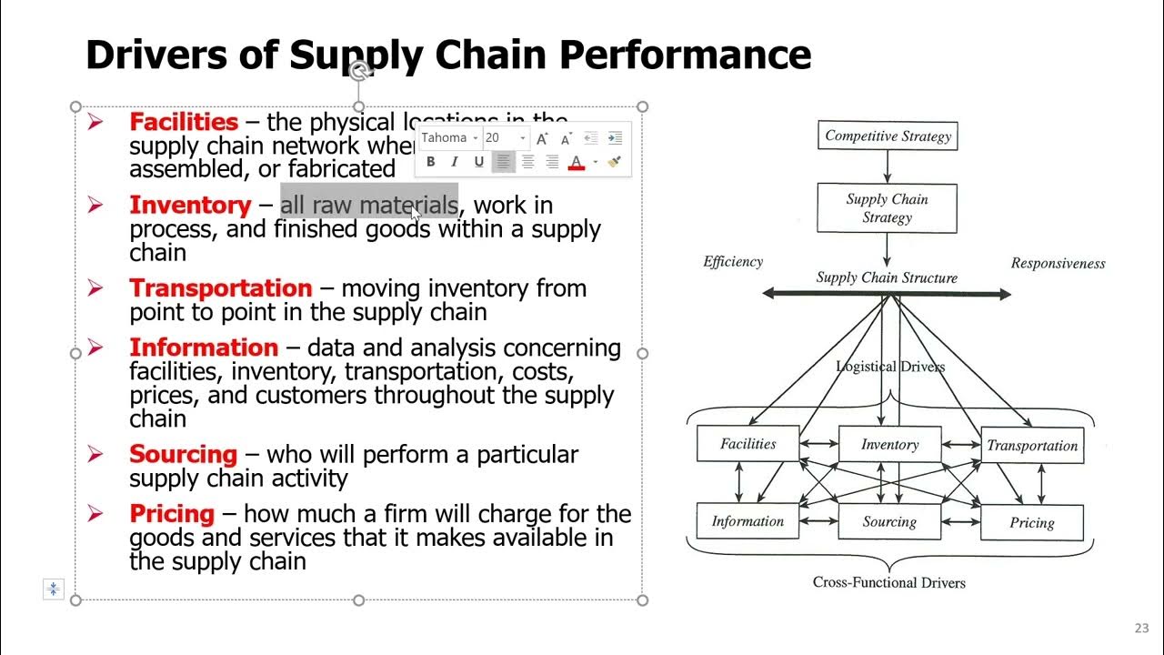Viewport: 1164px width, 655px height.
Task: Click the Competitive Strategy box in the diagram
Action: [x=888, y=136]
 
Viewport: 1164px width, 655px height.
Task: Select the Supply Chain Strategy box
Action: [x=887, y=208]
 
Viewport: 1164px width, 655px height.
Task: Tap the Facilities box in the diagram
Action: [x=748, y=444]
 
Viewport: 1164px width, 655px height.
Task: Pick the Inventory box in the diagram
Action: [x=889, y=445]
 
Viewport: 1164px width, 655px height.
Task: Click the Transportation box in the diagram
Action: [x=1032, y=446]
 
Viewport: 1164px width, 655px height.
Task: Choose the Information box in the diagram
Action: [x=748, y=521]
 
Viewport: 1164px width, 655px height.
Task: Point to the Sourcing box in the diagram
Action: [x=889, y=522]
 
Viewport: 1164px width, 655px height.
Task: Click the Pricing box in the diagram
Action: [x=1032, y=523]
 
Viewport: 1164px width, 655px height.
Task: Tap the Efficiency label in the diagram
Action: [x=733, y=262]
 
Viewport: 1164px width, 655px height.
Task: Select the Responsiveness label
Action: [x=1058, y=264]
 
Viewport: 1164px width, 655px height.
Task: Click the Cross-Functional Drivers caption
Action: [x=888, y=582]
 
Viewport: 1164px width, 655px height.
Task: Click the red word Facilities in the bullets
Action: [x=184, y=122]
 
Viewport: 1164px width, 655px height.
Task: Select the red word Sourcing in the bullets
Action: [x=183, y=454]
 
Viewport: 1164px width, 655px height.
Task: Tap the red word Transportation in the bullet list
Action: [x=220, y=288]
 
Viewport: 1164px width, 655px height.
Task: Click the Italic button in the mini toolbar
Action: [x=455, y=162]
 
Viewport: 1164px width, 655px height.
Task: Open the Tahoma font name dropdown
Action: [x=450, y=137]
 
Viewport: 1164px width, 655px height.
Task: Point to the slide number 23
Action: [x=1142, y=628]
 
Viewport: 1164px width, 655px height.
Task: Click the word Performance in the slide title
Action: [x=685, y=55]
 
